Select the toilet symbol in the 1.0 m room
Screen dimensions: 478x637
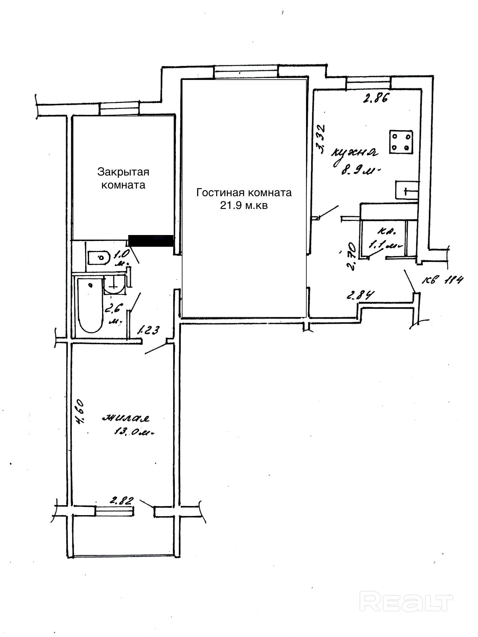pos(99,257)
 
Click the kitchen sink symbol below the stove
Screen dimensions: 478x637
pos(407,190)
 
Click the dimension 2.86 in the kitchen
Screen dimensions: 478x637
pos(376,99)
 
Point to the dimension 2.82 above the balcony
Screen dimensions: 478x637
pos(121,501)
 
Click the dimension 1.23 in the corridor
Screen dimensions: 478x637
pos(148,330)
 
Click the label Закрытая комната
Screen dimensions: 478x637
pos(123,178)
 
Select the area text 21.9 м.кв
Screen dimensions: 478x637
pos(244,206)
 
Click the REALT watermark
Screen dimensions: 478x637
pos(406,601)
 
